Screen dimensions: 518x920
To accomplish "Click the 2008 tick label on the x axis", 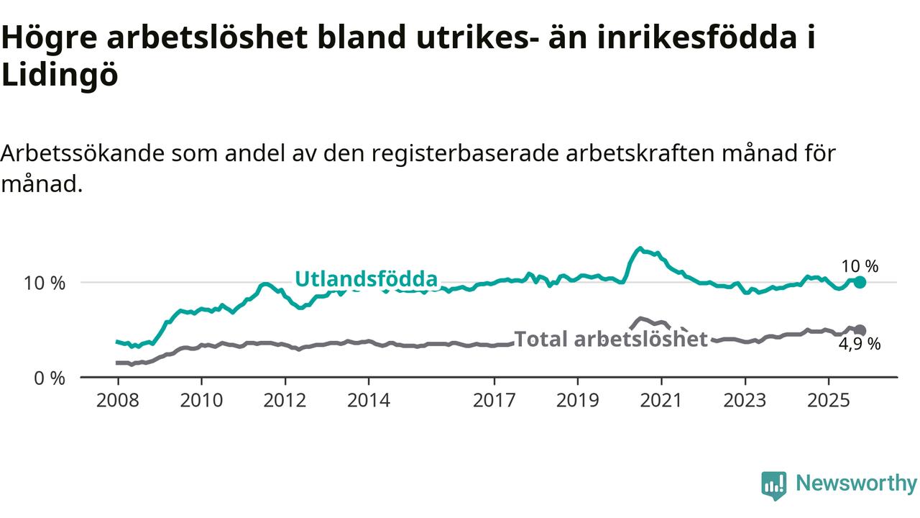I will point(117,400).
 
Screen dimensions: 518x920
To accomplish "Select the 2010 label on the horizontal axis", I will point(201,400).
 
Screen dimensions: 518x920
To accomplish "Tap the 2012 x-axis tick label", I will point(285,400).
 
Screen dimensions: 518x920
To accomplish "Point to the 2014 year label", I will point(369,400).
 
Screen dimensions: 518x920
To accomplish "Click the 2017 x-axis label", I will point(494,400).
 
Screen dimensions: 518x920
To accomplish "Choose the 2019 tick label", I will point(578,400).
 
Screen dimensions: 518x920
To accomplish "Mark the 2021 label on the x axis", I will point(661,400).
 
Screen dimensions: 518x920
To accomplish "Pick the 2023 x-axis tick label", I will point(745,400).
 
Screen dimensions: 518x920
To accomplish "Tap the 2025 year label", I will point(829,400).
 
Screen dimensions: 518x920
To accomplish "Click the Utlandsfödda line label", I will point(366,279).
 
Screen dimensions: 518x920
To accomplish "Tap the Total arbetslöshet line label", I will point(612,339).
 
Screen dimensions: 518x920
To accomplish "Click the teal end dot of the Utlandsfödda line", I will point(860,282).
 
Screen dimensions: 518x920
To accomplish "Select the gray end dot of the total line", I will point(860,330).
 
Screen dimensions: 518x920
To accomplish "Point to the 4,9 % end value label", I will point(860,344).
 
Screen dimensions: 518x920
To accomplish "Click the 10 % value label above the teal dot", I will point(860,266).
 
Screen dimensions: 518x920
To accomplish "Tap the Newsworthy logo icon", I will point(774,485).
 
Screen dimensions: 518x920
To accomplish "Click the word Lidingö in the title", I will point(59,76).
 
